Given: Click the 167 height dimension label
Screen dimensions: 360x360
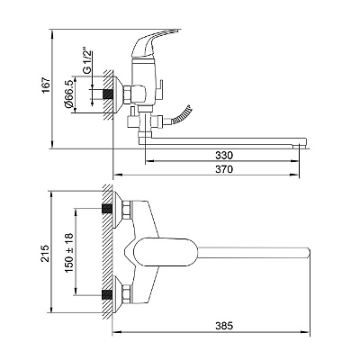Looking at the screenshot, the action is click(x=46, y=85).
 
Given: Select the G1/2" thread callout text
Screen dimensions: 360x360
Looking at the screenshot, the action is click(x=86, y=60).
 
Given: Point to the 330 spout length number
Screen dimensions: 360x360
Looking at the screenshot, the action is click(x=224, y=156).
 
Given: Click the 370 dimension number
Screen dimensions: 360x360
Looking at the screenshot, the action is click(x=224, y=169).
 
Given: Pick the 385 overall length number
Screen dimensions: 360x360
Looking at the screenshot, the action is click(x=224, y=326).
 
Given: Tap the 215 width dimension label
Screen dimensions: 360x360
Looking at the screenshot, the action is click(x=45, y=253).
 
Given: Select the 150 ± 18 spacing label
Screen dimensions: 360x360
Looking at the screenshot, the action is click(x=69, y=253).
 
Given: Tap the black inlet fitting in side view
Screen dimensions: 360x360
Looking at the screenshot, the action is click(x=108, y=94).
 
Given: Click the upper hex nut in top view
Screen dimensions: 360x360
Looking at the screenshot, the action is click(x=126, y=210).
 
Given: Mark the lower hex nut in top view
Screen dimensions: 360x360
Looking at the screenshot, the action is click(x=126, y=295).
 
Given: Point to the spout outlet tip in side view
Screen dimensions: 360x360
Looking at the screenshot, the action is click(x=300, y=146).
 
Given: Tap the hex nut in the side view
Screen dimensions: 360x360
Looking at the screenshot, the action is click(x=127, y=94).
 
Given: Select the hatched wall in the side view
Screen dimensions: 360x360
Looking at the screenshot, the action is click(x=108, y=95).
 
